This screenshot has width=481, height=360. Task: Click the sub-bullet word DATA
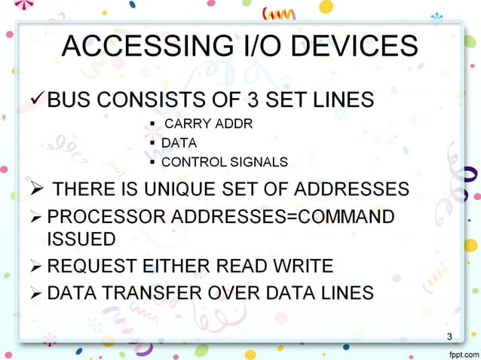[x=179, y=142]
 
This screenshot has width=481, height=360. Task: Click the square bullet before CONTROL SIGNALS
[x=153, y=161]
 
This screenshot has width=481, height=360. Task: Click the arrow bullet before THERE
[x=38, y=188]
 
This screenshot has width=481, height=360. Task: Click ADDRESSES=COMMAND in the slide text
[x=283, y=218]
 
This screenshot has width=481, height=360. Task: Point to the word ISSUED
[x=81, y=239]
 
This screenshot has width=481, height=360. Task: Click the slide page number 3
[x=449, y=336]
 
